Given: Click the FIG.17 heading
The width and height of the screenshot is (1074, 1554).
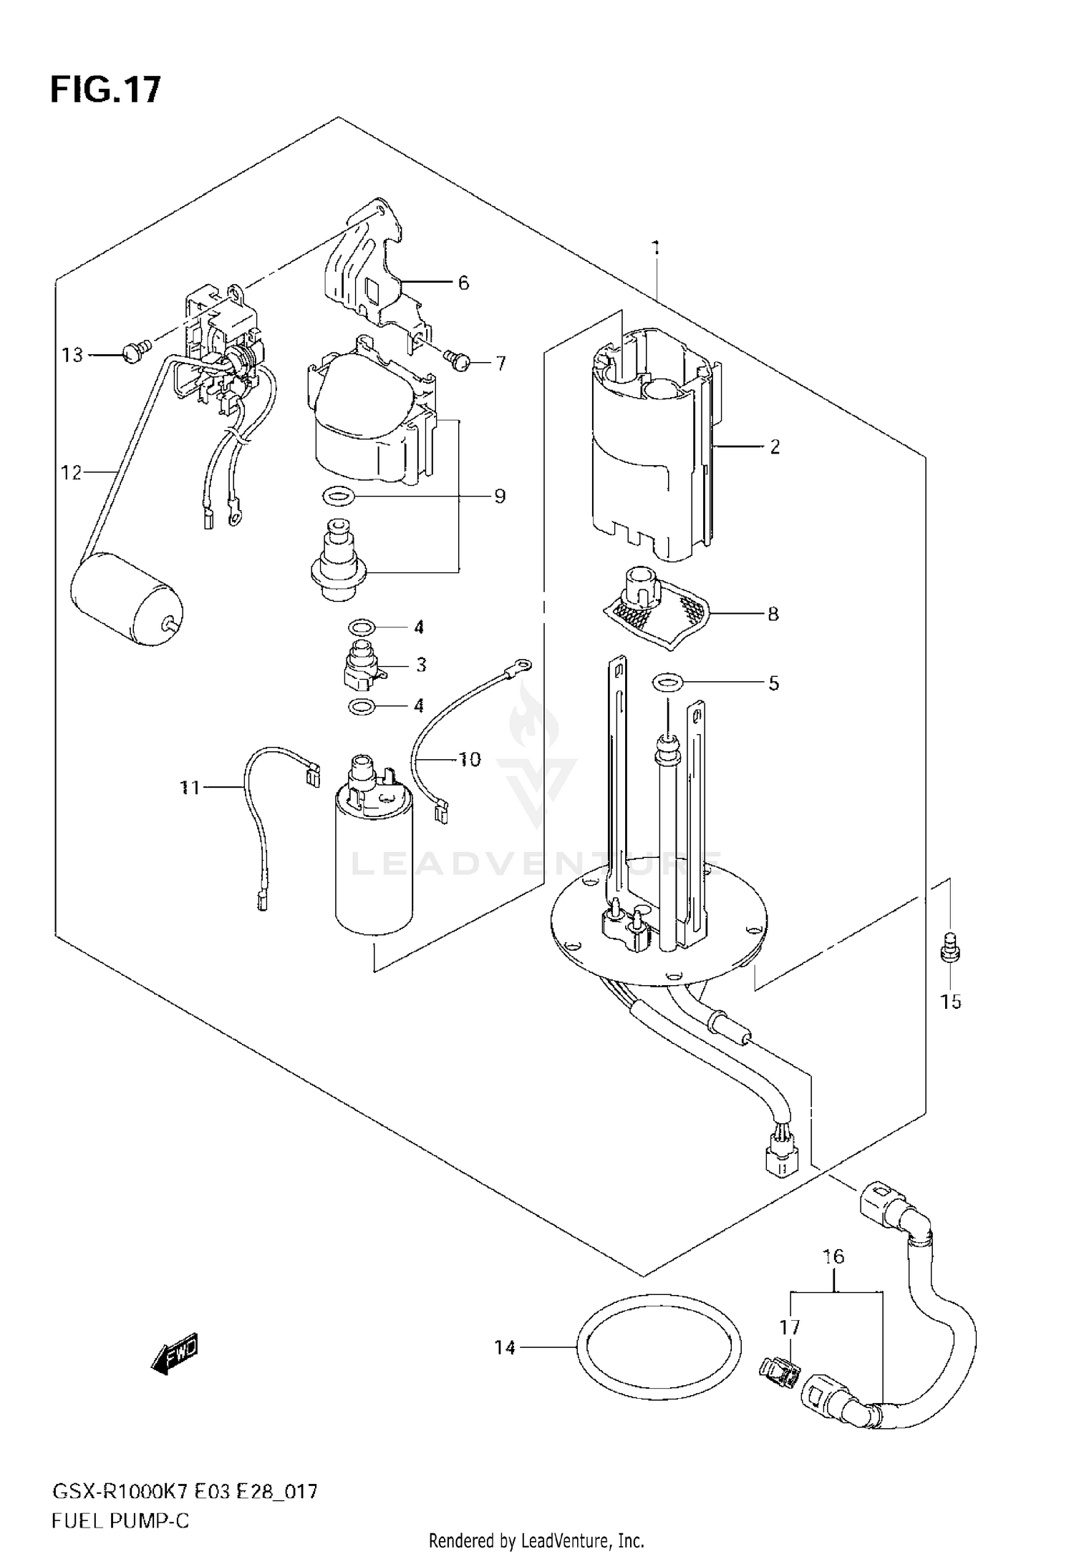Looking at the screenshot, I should (105, 90).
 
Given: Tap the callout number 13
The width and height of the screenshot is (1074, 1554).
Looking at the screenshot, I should (72, 355).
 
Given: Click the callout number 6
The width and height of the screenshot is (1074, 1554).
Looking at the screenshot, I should (463, 283).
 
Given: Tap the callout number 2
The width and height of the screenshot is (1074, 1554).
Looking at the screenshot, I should (774, 447).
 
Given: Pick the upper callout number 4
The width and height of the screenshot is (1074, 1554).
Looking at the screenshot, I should (419, 627).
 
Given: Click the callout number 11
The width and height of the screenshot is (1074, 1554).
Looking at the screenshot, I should (190, 788).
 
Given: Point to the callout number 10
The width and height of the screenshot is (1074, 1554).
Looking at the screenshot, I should (470, 759).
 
